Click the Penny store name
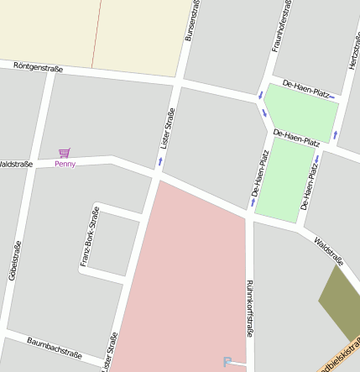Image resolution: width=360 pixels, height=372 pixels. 65,164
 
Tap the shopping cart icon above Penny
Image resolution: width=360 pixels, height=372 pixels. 65,153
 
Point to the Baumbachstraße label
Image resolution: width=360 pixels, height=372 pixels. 54,348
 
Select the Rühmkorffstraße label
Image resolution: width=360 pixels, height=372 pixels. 249,309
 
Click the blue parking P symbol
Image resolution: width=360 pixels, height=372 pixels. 227,362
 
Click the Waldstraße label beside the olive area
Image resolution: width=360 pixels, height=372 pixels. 328,251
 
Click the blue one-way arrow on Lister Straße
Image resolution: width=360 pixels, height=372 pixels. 160,159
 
